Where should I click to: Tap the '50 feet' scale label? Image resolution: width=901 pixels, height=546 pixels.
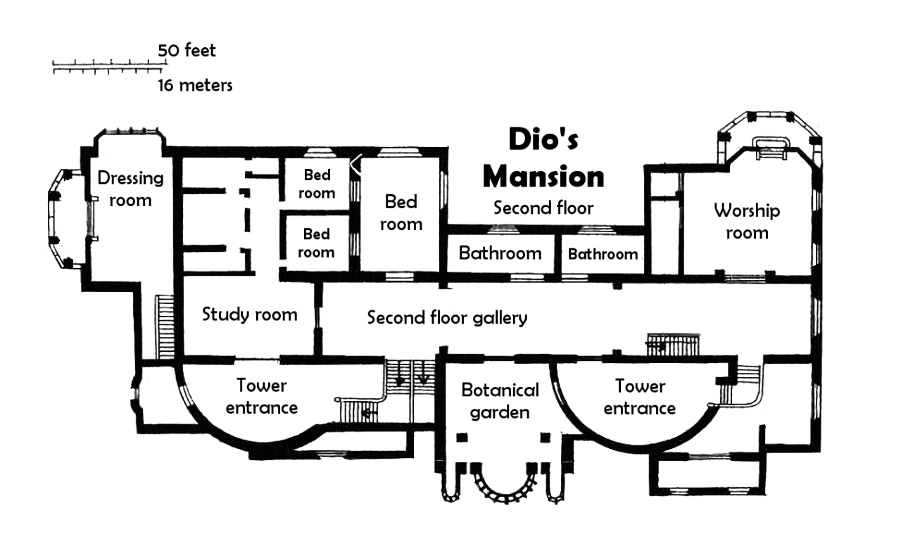coord(187,51)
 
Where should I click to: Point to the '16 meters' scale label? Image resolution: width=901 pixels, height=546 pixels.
coord(195,86)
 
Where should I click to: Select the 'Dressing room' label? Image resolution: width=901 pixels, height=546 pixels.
coord(130,189)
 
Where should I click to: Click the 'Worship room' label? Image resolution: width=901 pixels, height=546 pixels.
coord(747,221)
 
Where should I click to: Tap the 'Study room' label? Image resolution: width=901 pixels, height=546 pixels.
coord(249,314)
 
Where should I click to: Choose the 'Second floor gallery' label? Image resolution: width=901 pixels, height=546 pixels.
coord(447,317)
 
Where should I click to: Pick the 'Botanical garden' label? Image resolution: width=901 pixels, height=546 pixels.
coord(500,400)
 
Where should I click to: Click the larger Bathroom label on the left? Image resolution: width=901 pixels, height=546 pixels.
coord(500,253)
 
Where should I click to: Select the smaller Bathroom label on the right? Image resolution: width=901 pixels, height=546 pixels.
coord(603,254)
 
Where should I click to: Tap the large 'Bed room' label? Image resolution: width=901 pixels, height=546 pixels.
coord(401,213)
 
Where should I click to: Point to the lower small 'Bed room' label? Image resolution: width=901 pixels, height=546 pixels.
coord(317,242)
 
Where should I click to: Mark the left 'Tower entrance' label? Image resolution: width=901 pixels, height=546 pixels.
coord(262,396)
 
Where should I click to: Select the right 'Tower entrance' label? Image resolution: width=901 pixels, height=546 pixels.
coord(640,397)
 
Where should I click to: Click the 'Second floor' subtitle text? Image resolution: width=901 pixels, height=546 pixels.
coord(543,208)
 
